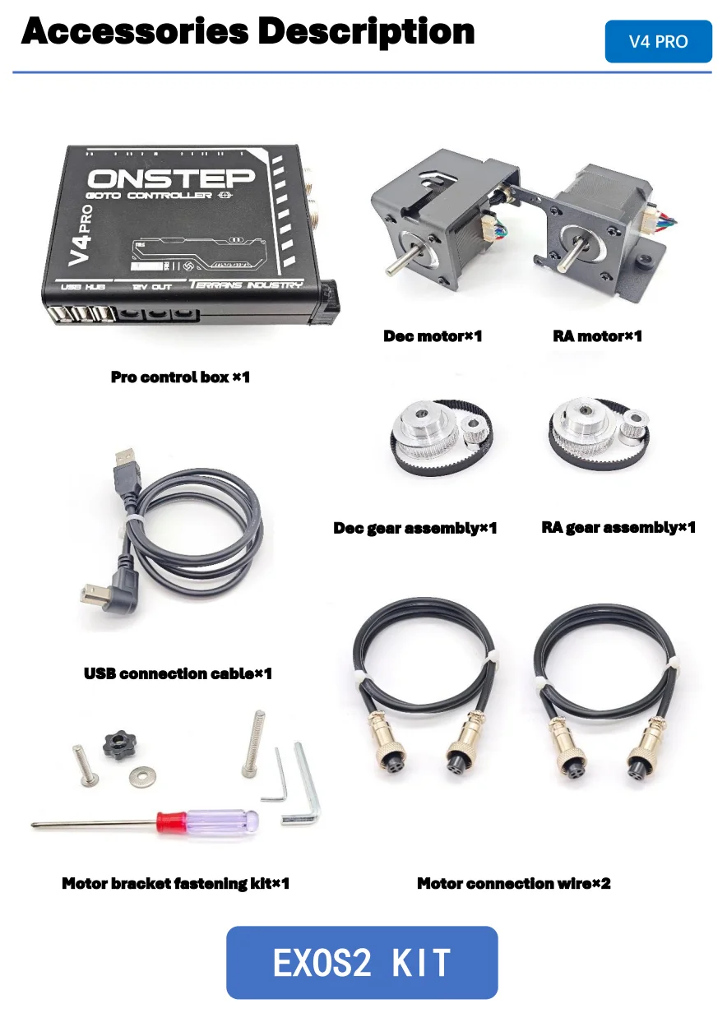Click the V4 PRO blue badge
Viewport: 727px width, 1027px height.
pyautogui.click(x=658, y=41)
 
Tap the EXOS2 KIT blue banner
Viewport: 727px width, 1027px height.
pyautogui.click(x=362, y=962)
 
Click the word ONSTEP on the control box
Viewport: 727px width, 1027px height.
pyautogui.click(x=170, y=178)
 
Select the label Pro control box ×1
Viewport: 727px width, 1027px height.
pyautogui.click(x=180, y=377)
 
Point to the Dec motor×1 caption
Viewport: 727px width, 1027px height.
pyautogui.click(x=433, y=335)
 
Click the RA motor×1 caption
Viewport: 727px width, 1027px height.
pyautogui.click(x=597, y=335)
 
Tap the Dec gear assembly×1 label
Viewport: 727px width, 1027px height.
pyautogui.click(x=414, y=528)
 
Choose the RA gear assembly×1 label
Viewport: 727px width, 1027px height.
pyautogui.click(x=618, y=527)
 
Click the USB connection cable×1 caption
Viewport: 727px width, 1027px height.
pyautogui.click(x=178, y=673)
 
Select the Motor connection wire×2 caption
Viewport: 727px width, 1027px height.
pyautogui.click(x=513, y=884)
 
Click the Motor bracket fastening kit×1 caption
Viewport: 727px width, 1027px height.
pyautogui.click(x=175, y=884)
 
